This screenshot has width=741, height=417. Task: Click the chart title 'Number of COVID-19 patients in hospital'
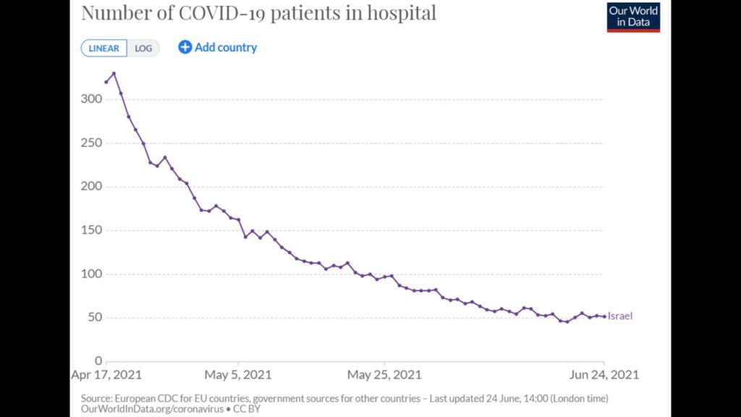pyautogui.click(x=258, y=13)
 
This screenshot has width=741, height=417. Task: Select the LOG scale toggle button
pyautogui.click(x=143, y=49)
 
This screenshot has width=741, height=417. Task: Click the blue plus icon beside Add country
pyautogui.click(x=185, y=47)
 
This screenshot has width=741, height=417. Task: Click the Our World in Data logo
pyautogui.click(x=633, y=17)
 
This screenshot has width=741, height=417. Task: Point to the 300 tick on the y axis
pyautogui.click(x=91, y=98)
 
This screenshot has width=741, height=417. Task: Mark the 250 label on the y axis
pyautogui.click(x=91, y=143)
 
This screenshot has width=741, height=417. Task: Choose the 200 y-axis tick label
pyautogui.click(x=91, y=186)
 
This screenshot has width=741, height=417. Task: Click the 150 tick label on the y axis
pyautogui.click(x=91, y=230)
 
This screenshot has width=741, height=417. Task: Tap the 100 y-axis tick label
pyautogui.click(x=91, y=274)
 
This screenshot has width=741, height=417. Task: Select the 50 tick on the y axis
pyautogui.click(x=95, y=317)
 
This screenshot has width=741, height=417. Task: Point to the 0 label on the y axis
pyautogui.click(x=98, y=361)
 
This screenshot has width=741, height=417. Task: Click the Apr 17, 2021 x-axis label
pyautogui.click(x=106, y=375)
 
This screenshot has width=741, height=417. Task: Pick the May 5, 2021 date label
pyautogui.click(x=237, y=375)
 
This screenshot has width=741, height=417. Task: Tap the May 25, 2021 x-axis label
pyautogui.click(x=384, y=375)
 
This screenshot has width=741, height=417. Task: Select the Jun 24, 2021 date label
pyautogui.click(x=604, y=375)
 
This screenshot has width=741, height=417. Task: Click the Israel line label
pyautogui.click(x=620, y=316)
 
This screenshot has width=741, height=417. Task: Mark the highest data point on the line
pyautogui.click(x=114, y=73)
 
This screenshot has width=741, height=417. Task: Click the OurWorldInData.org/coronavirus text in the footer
pyautogui.click(x=152, y=409)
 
